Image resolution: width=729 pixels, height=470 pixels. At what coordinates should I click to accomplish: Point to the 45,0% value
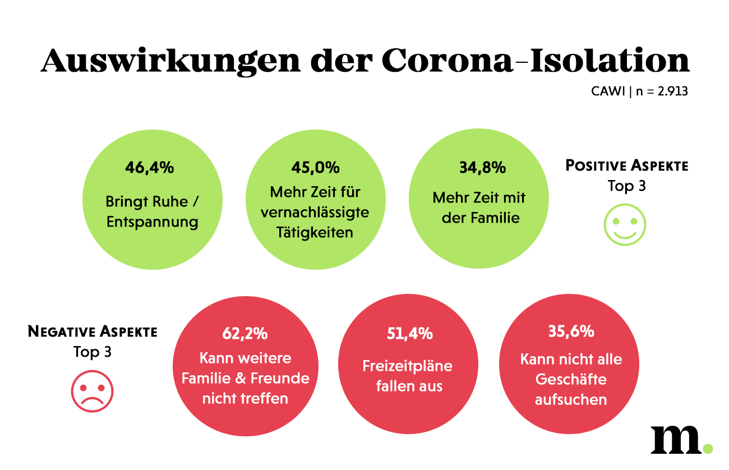pyautogui.click(x=316, y=168)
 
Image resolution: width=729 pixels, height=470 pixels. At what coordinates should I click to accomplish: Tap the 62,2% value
pyautogui.click(x=245, y=334)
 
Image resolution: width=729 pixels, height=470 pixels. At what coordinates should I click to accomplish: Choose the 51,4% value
pyautogui.click(x=410, y=334)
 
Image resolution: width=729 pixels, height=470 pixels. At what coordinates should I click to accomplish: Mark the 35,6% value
pyautogui.click(x=571, y=331)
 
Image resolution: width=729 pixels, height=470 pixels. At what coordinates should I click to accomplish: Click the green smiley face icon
pyautogui.click(x=625, y=225)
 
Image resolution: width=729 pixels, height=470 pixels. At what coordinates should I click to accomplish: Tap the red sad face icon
pyautogui.click(x=93, y=390)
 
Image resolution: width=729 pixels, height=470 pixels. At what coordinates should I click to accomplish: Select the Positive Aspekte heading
pyautogui.click(x=626, y=166)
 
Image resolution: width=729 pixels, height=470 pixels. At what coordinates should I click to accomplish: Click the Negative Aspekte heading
pyautogui.click(x=93, y=331)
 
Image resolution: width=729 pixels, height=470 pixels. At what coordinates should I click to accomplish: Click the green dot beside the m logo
pyautogui.click(x=708, y=449)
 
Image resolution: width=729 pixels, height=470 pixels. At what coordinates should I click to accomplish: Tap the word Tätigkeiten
pyautogui.click(x=315, y=232)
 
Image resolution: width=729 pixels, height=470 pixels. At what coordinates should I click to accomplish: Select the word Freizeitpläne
pyautogui.click(x=408, y=366)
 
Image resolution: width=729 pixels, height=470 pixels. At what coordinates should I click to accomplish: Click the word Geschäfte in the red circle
pyautogui.click(x=571, y=379)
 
